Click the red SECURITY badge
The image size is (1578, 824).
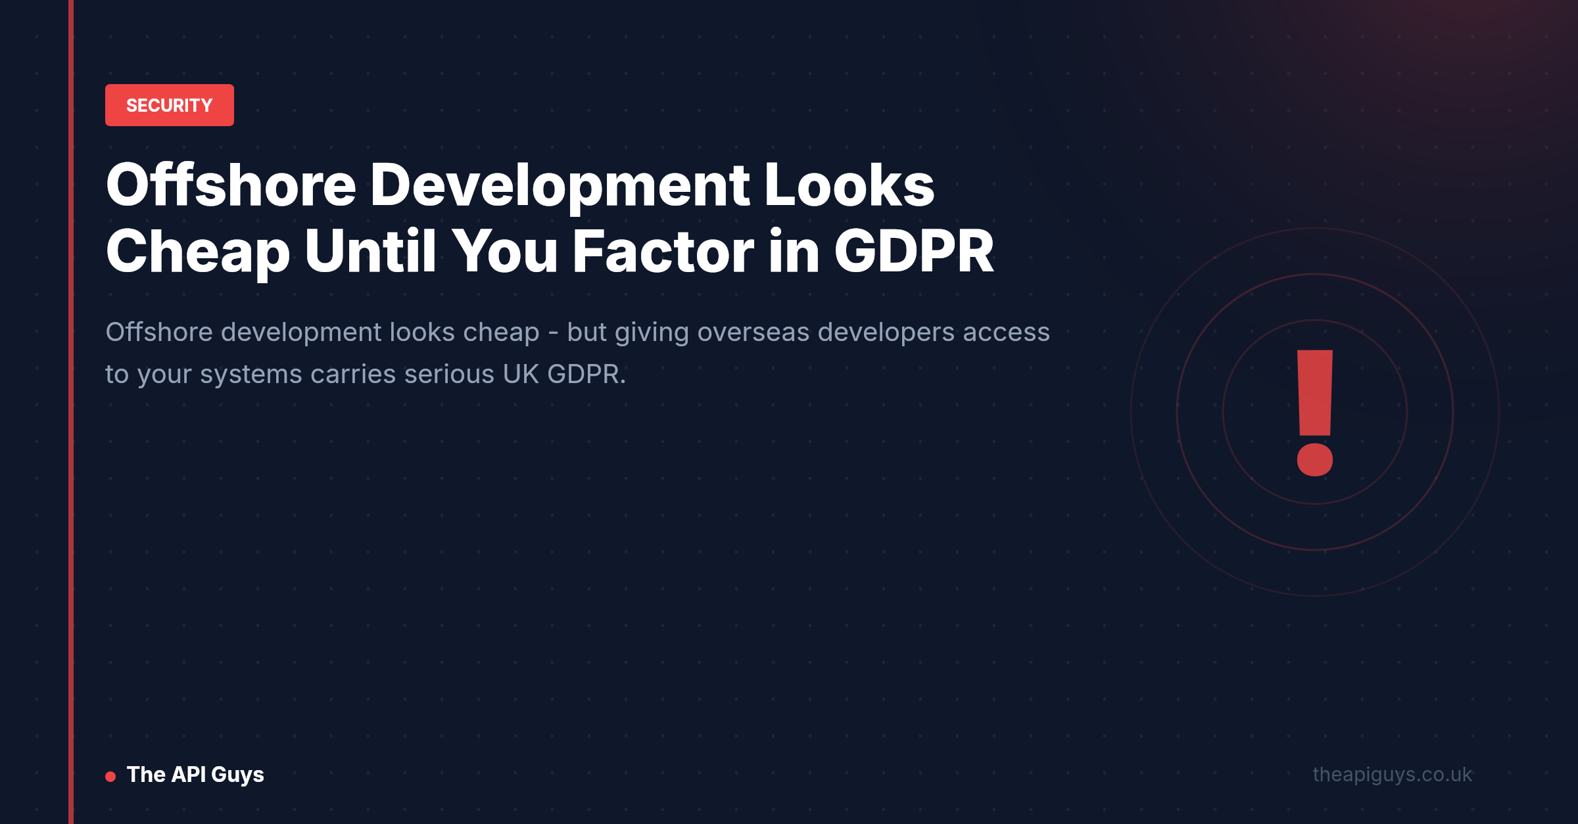pos(170,105)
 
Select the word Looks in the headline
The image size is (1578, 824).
pos(849,185)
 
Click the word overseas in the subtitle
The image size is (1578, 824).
pos(753,332)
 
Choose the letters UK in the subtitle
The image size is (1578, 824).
pos(521,374)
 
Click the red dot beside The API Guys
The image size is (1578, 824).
pos(110,777)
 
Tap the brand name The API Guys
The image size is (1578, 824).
pos(195,775)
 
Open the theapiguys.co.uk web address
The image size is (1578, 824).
pos(1393,775)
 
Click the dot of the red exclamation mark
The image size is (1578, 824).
pos(1315,459)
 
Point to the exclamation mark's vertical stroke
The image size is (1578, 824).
pos(1315,392)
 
